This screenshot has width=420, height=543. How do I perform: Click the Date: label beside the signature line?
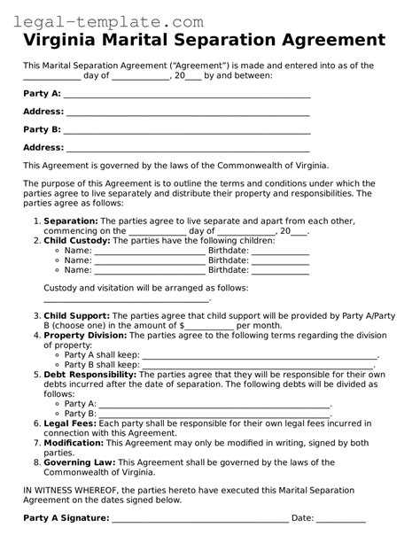coord(303,517)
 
